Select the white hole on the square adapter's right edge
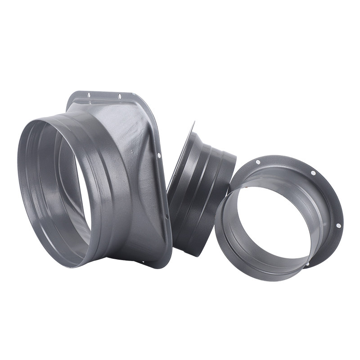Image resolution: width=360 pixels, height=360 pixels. click(x=159, y=156)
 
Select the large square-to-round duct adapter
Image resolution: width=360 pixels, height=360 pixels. click(x=121, y=180)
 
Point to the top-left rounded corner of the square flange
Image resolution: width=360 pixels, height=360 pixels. click(x=72, y=97)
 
